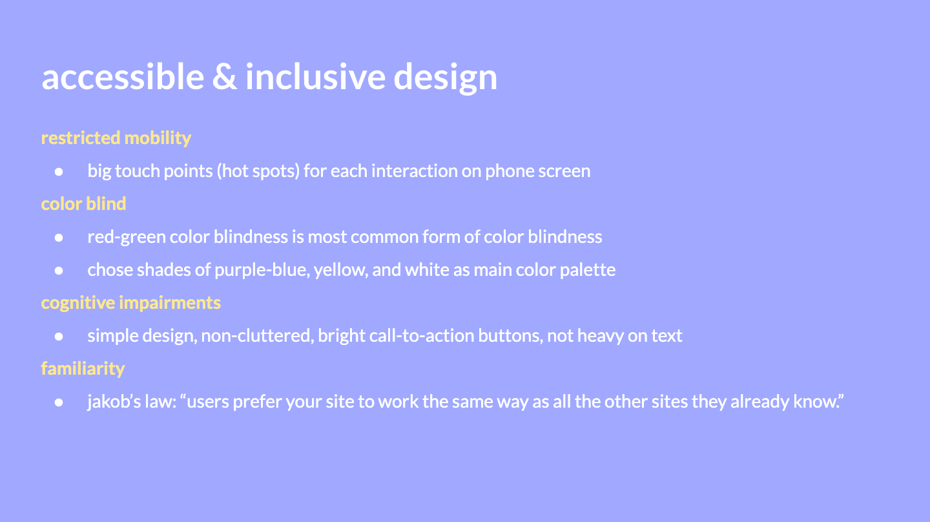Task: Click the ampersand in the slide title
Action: click(225, 77)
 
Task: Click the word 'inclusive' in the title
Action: click(316, 76)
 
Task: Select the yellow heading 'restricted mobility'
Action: click(116, 138)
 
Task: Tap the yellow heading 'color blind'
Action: click(83, 204)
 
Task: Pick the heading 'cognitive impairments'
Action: click(130, 303)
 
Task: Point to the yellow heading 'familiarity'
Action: click(83, 369)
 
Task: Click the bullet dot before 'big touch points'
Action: click(59, 171)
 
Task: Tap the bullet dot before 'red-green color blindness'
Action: click(59, 238)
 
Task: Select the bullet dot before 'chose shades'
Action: click(59, 270)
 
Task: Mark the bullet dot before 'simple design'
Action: click(59, 337)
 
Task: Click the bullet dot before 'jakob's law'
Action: click(59, 402)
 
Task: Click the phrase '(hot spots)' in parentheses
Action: click(258, 171)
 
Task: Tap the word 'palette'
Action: click(588, 270)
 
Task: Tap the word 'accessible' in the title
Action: click(123, 76)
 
